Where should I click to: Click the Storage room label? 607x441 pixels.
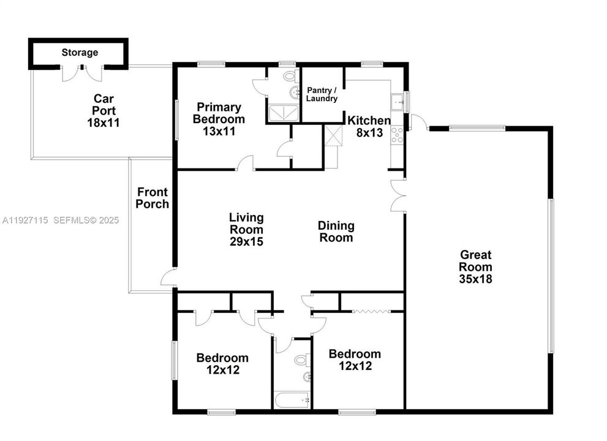pyautogui.click(x=80, y=53)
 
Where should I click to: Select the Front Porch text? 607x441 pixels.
pyautogui.click(x=152, y=198)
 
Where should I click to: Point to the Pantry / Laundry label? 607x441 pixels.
pyautogui.click(x=322, y=94)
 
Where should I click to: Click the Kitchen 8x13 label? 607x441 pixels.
pyautogui.click(x=369, y=126)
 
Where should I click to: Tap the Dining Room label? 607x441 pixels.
pyautogui.click(x=335, y=232)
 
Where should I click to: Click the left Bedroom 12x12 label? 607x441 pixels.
pyautogui.click(x=222, y=364)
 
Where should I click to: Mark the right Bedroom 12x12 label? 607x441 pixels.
pyautogui.click(x=355, y=360)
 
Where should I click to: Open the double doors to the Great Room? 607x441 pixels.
pyautogui.click(x=398, y=197)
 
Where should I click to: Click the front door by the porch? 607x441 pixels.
pyautogui.click(x=169, y=278)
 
